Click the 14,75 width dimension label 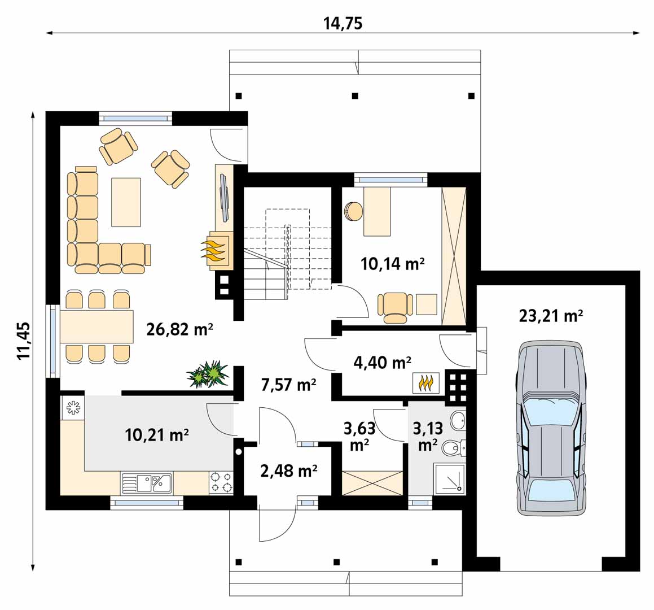coord(343,23)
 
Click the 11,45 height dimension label coord(23,340)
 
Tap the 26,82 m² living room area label coord(180,329)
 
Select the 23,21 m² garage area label coord(551,315)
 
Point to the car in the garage coord(550,428)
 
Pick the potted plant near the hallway coord(208,374)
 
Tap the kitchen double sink coord(146,483)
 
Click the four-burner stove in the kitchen coord(221,483)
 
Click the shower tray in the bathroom coord(449,478)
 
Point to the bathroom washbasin coord(458,420)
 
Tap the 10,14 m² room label coord(393,263)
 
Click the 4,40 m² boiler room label coord(383,363)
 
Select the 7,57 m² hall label coord(288,384)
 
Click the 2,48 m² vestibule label coord(288,471)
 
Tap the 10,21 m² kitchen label coord(157,435)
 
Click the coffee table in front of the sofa coord(126,202)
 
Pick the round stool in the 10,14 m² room coord(353,211)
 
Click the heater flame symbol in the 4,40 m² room coord(426,382)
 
